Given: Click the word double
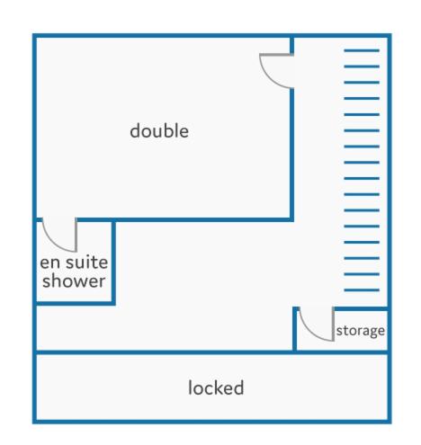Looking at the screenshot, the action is click(159, 131).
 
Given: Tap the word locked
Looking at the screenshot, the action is click(216, 387).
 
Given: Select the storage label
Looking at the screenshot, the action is click(361, 331).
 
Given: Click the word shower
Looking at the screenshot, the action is click(74, 280).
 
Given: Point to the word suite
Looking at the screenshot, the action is click(87, 263).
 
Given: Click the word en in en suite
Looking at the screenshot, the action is click(49, 263).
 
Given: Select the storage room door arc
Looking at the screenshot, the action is click(312, 332).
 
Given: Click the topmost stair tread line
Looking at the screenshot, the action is click(362, 50).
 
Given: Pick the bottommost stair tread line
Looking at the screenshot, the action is click(362, 290).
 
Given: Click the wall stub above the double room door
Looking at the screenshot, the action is click(291, 46).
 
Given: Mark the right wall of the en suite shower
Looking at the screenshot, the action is click(113, 263).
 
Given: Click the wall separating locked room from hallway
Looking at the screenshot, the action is click(212, 352).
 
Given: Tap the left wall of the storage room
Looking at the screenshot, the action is click(295, 329).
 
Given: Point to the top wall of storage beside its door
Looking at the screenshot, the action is click(361, 309).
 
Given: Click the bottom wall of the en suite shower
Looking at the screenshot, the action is click(74, 304).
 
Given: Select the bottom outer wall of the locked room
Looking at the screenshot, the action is click(212, 422).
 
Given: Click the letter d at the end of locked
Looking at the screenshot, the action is click(238, 387).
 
